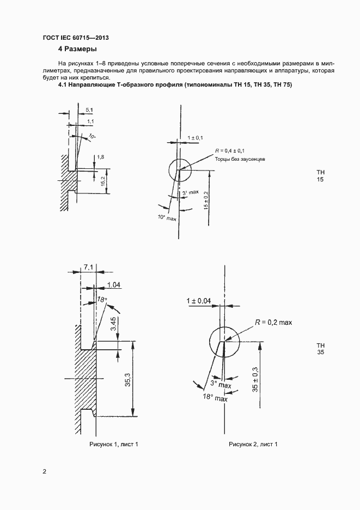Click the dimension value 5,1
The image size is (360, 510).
pos(89,110)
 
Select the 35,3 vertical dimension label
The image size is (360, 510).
pos(127,380)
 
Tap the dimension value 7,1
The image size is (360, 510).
pos(88,268)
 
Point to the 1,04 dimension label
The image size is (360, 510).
pos(114,285)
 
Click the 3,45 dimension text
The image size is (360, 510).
pos(113,324)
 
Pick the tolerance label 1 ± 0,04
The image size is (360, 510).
pos(198,301)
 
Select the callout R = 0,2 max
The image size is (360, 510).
pos(273,323)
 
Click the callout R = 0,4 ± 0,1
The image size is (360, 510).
pos(230,150)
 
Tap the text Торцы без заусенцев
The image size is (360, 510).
pos(240,159)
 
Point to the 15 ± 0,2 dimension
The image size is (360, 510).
pos(206,200)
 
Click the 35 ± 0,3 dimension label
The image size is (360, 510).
pos(255,379)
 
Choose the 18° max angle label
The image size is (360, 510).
pos(215,397)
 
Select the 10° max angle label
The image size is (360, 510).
pos(167,217)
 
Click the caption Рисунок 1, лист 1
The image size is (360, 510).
pos(114,444)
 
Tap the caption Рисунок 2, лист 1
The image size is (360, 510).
pos(253,444)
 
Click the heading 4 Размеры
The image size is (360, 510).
pos(77,49)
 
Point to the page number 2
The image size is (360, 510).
pos(45,471)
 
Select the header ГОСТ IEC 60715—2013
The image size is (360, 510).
pos(76,38)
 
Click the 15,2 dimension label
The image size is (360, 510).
pos(103,181)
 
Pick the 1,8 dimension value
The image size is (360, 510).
pos(101,157)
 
